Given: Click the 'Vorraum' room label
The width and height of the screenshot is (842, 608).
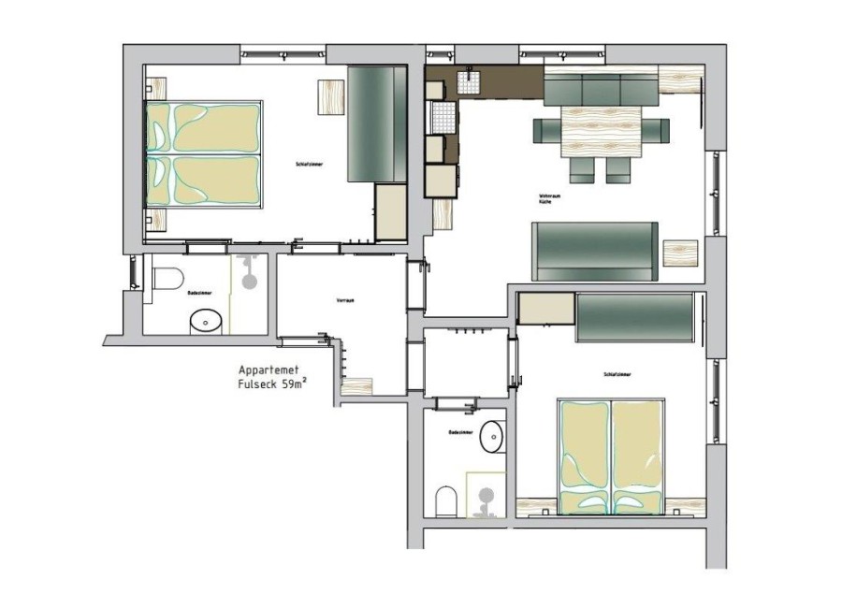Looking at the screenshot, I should [344, 300].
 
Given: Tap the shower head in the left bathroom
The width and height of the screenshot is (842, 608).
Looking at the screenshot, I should [250, 280].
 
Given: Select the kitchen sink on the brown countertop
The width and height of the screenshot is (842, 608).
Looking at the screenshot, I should [469, 82].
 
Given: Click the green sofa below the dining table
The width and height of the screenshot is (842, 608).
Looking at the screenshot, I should [594, 252].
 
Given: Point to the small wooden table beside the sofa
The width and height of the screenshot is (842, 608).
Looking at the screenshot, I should [680, 253].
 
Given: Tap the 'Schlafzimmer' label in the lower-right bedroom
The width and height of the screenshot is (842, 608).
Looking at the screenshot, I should [617, 375].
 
